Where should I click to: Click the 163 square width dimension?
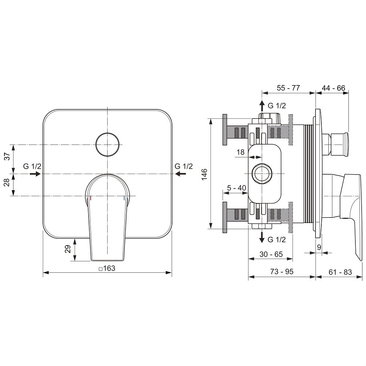point(107,268)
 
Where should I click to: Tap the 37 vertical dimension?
point(7,156)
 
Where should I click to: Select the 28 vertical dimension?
point(7,182)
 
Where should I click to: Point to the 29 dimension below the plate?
point(68,249)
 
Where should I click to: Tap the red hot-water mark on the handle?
point(90,198)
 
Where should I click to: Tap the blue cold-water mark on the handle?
point(124,198)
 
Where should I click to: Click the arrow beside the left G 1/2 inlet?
point(35,173)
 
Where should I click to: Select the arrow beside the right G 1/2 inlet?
point(180,173)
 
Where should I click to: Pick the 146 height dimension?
point(204,174)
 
